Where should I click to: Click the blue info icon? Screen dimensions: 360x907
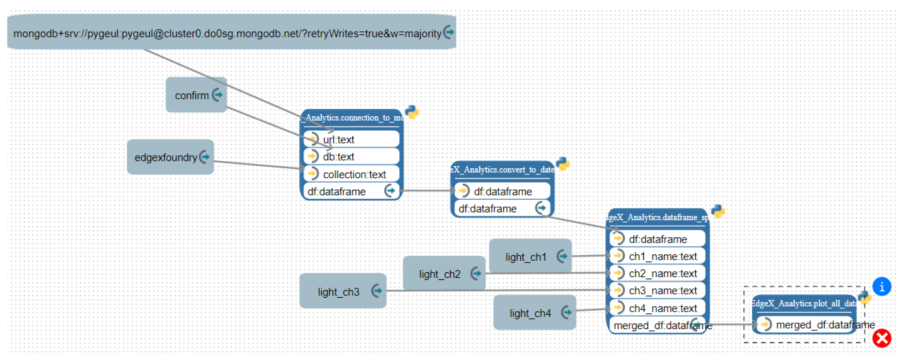coord(881,287)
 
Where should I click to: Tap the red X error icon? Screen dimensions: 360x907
coord(881,338)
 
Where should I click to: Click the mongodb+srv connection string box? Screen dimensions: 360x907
coord(227,33)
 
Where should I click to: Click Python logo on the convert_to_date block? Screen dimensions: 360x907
coord(563,164)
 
